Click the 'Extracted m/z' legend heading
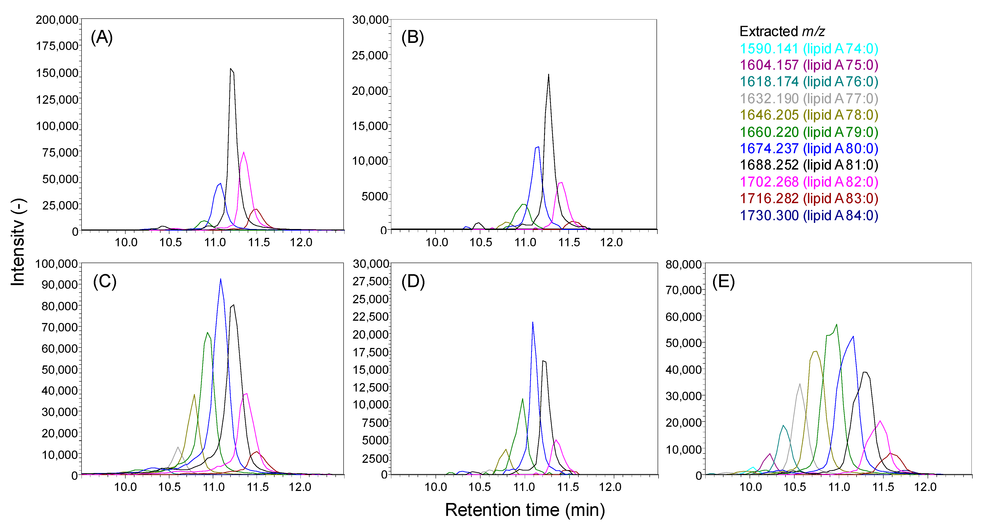(x=782, y=31)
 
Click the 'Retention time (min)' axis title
(x=525, y=510)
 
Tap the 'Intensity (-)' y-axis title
(x=18, y=242)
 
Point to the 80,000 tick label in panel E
(x=683, y=264)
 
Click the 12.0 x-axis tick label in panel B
(x=611, y=242)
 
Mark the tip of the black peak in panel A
(x=231, y=69)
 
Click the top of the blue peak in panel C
(x=220, y=279)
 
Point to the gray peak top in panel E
(x=800, y=384)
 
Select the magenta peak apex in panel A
(x=243, y=152)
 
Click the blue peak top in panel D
(x=533, y=323)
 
